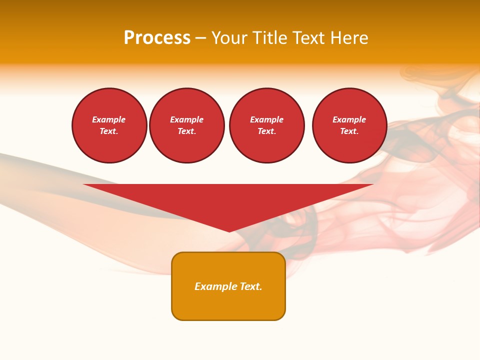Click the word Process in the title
[x=157, y=38]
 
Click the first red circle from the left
[x=109, y=125]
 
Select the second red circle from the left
[x=187, y=125]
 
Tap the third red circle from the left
[x=267, y=125]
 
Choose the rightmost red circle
[x=349, y=125]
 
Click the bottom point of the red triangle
[x=229, y=230]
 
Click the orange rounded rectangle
[x=228, y=302]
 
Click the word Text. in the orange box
[x=251, y=286]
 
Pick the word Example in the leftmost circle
[x=109, y=119]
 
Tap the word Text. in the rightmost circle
[x=349, y=131]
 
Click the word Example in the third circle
[x=267, y=119]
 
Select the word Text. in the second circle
[x=187, y=131]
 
